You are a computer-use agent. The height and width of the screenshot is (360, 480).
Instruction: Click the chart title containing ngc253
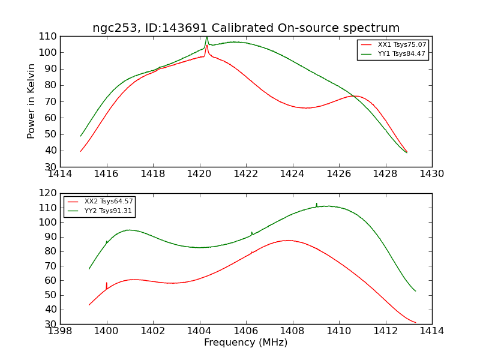coord(246,28)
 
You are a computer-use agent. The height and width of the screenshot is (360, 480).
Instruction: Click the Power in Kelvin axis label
coord(31,101)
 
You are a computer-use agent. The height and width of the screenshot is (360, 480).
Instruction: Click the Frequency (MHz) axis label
coord(246,343)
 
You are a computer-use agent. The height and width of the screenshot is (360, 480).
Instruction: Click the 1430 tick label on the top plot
coord(431,174)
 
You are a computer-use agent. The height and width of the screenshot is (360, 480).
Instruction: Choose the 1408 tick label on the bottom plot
coord(292,331)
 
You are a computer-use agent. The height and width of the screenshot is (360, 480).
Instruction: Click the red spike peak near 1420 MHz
coord(207,45)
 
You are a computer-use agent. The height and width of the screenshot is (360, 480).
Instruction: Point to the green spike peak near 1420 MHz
coord(207,37)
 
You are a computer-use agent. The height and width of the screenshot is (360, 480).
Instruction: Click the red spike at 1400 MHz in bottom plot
coord(107,283)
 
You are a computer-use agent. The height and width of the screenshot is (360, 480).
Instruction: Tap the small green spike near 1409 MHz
coord(317,204)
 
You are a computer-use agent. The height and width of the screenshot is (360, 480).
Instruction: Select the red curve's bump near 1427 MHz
coord(355,96)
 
